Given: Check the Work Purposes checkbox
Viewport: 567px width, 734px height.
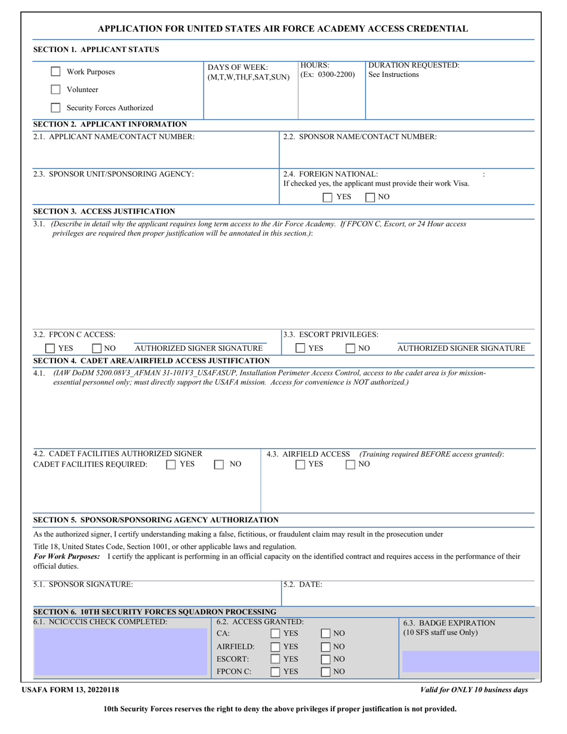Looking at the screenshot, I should pos(56,72).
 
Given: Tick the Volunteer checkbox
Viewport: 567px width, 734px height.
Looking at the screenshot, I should pos(56,90).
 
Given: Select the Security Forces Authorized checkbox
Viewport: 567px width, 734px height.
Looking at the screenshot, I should pos(56,108).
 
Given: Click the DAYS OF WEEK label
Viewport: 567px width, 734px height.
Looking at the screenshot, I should pos(238,67).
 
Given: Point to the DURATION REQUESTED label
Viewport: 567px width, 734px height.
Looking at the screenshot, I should pos(414,65).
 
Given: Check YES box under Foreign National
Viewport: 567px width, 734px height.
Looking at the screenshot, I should pos(328,197).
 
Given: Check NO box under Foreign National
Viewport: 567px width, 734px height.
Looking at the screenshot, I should pos(370,197).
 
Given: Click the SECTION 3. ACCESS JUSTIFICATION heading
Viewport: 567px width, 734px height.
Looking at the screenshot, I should pos(104,211).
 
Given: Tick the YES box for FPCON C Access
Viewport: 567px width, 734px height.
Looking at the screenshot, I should pos(51,349).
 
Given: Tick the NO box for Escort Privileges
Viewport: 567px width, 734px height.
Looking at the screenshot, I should pos(350,349).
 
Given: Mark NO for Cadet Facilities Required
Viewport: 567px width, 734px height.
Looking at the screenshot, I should pos(219,464).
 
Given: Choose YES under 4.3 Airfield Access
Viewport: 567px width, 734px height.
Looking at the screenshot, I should pos(301,464).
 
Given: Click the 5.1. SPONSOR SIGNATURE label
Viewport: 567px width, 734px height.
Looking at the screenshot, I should pos(83,585).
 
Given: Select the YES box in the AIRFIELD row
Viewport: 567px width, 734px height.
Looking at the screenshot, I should pos(276,646).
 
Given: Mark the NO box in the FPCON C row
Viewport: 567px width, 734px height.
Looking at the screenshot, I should pos(326,672).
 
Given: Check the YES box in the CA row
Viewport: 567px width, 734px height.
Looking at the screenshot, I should pos(276,633).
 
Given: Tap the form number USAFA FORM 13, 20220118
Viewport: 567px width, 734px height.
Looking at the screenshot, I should pos(70,690).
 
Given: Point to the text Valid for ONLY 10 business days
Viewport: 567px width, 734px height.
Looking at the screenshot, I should pos(474,690).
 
